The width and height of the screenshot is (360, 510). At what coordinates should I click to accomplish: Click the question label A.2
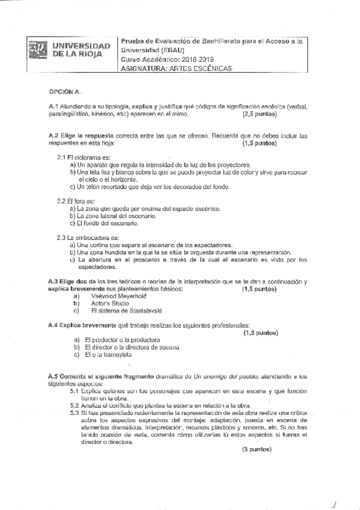point(53,136)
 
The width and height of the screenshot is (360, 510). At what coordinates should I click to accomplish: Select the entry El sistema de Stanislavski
point(126,311)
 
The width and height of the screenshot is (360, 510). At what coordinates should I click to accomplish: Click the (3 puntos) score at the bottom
point(257,449)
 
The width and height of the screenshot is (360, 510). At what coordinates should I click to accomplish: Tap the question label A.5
point(53,376)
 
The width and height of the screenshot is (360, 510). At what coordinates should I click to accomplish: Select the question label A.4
point(53,325)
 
